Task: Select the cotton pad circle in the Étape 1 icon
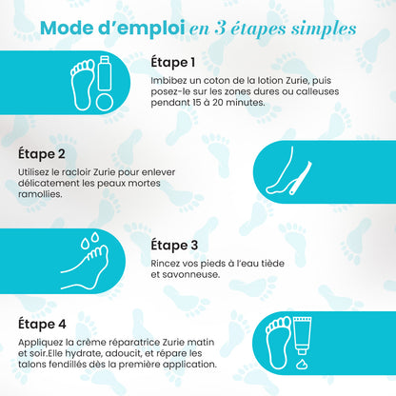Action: tap(105, 98)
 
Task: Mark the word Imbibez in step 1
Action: tap(168, 81)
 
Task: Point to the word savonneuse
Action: tap(189, 274)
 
